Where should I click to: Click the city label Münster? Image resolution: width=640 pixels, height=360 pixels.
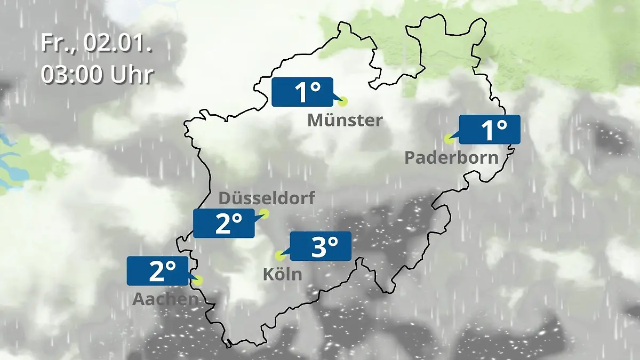[345, 121]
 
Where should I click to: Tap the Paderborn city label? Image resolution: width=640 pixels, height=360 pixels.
[451, 158]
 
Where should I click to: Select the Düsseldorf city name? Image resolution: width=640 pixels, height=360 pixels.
[267, 198]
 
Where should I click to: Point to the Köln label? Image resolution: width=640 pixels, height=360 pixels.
[282, 275]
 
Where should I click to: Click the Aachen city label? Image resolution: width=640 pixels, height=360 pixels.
[165, 299]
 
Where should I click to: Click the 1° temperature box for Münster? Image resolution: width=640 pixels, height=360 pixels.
[302, 92]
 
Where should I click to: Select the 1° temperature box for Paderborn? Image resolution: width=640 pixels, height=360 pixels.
[489, 130]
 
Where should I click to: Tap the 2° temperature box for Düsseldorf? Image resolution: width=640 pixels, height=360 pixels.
[224, 223]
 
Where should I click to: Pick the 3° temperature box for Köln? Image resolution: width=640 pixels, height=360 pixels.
[320, 246]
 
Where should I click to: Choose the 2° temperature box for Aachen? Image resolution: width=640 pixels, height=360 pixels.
[158, 271]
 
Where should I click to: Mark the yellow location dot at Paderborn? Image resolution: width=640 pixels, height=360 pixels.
[449, 139]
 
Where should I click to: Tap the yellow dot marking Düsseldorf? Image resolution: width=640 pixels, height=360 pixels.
[264, 214]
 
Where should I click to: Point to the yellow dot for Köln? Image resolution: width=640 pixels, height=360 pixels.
[279, 256]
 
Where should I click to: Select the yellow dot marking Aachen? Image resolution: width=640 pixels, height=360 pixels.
[198, 281]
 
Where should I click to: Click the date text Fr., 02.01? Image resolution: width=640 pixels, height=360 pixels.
[97, 43]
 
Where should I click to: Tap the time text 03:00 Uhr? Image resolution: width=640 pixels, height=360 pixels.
[97, 75]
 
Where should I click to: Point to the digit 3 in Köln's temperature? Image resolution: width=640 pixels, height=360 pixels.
[319, 247]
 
